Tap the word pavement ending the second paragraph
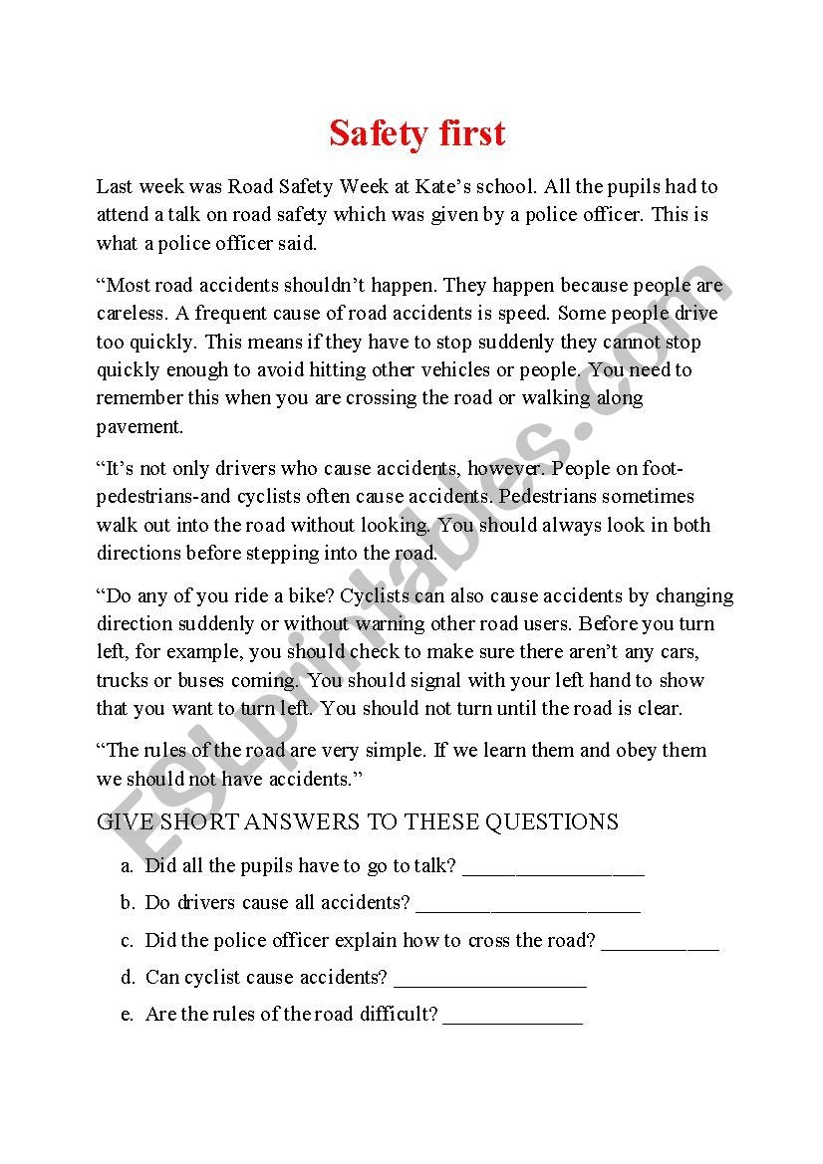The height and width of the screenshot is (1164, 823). [x=138, y=426]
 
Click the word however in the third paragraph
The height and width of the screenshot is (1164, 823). [x=504, y=468]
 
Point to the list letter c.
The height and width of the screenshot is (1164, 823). [x=128, y=940]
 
